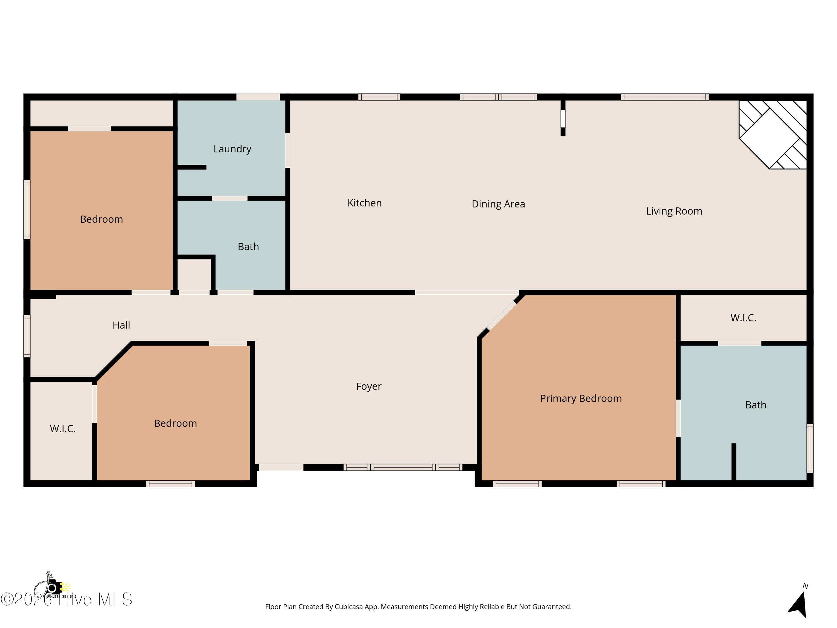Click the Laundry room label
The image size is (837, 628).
coord(232,149)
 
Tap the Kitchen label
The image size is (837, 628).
coord(364,203)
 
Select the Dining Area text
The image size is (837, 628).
coord(498,204)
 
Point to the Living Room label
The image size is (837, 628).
coord(674,211)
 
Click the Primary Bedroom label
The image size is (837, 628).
coord(580,398)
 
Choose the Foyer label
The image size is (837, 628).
coord(369,386)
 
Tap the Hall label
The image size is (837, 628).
coord(121,325)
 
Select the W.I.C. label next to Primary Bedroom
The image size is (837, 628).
coord(743,318)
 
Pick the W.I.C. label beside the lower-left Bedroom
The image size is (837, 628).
coord(63,429)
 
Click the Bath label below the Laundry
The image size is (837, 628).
coord(248,247)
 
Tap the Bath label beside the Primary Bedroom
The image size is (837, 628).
coord(755,405)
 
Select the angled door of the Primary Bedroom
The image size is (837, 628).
coord(501,316)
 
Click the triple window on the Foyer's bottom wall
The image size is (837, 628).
coord(403,468)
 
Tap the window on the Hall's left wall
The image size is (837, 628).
coord(27,336)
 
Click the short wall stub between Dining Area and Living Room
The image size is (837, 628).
coord(563,118)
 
